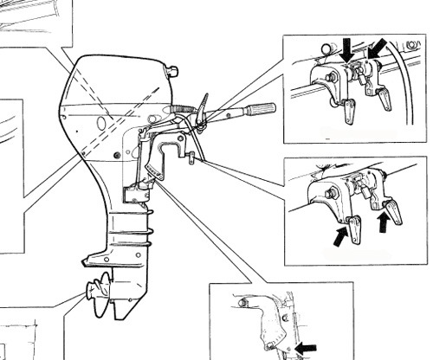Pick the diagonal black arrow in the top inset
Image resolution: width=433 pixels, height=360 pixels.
click(x=378, y=48)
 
